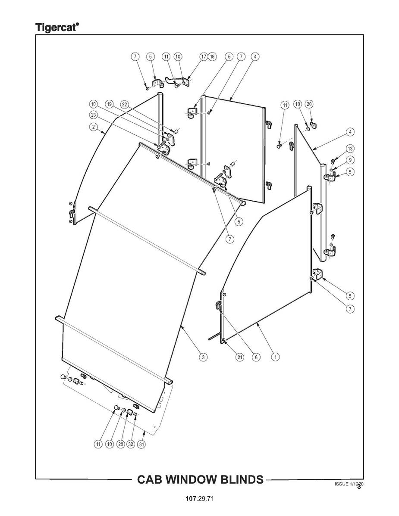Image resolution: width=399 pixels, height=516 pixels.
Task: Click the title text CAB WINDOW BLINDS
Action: point(200,479)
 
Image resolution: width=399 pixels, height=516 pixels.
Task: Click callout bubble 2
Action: point(93,127)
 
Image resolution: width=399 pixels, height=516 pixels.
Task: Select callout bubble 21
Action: point(240,357)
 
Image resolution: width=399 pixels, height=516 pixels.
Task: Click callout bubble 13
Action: point(350,149)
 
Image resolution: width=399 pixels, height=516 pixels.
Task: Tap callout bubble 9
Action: point(350,160)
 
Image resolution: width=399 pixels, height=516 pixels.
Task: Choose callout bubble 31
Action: point(141,444)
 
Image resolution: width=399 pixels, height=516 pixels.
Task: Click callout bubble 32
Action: point(131,444)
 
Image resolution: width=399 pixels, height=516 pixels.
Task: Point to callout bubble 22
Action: point(125,104)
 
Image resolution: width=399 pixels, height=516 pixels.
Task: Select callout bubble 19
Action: point(109,104)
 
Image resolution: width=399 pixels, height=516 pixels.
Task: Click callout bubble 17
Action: point(204,56)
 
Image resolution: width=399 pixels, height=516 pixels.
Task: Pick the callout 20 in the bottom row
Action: point(120,444)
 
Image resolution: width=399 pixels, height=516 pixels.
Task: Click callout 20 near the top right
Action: point(309,104)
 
